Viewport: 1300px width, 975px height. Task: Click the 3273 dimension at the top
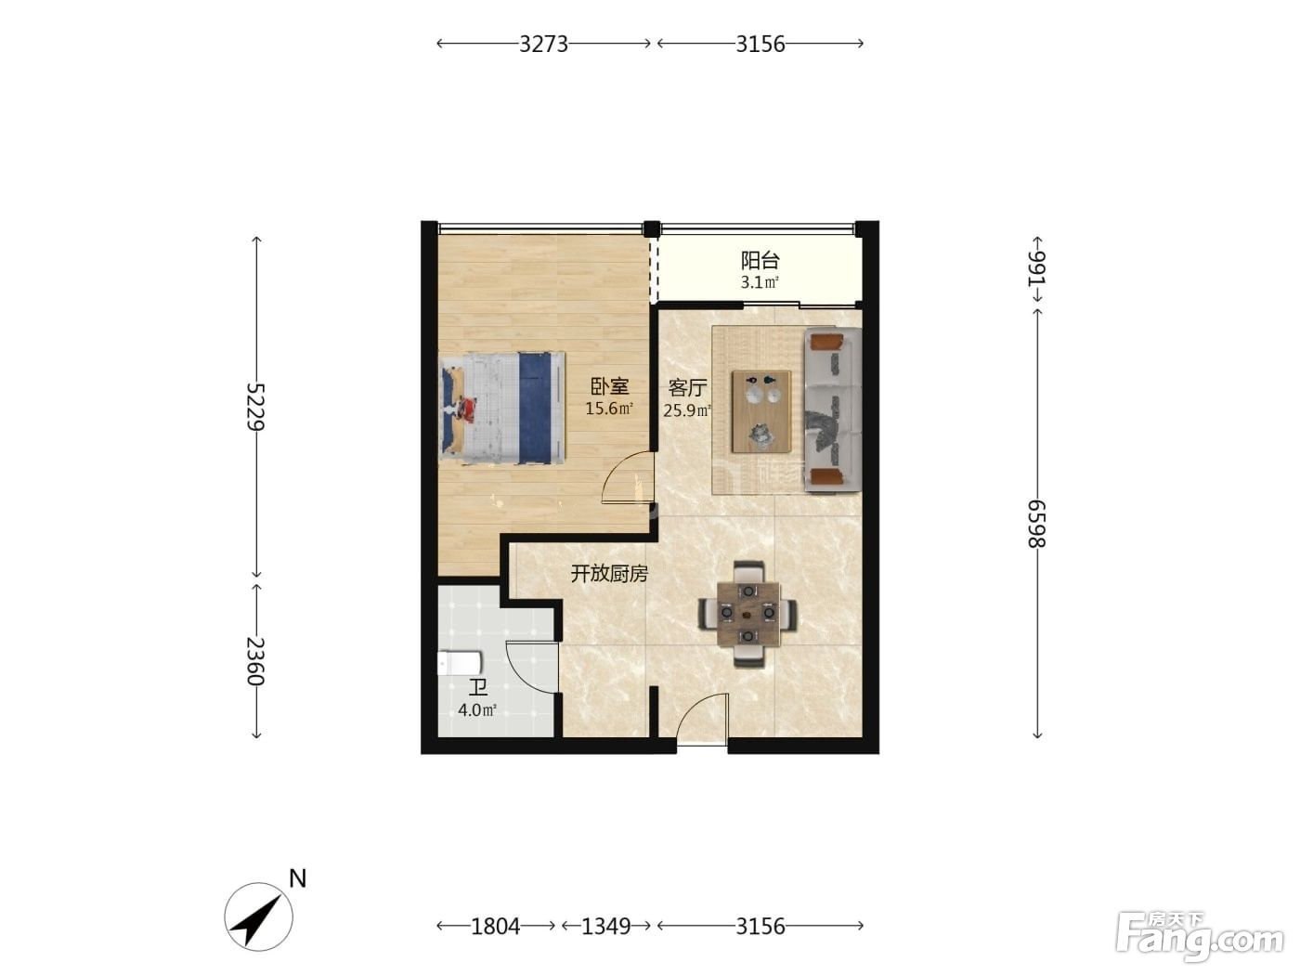click(x=543, y=44)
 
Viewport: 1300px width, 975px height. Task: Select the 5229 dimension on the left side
click(x=256, y=406)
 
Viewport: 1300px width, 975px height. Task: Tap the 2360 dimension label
click(x=256, y=660)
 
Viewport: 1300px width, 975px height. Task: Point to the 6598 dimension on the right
click(x=1037, y=524)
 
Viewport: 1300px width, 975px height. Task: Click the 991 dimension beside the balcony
click(x=1037, y=268)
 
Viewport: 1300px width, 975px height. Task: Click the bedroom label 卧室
click(x=609, y=386)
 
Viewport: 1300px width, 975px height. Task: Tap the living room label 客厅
click(x=687, y=388)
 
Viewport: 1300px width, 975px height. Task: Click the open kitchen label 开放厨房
click(x=609, y=574)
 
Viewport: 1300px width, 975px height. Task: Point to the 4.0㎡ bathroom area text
click(x=477, y=709)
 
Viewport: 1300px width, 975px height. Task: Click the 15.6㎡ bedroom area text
click(x=609, y=409)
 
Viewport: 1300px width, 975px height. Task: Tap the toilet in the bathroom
click(x=460, y=662)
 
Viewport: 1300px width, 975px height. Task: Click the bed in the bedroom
click(x=502, y=408)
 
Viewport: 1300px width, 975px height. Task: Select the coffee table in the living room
click(x=761, y=411)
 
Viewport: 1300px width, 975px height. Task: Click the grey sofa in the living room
click(x=832, y=410)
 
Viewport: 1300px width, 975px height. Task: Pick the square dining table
click(x=748, y=614)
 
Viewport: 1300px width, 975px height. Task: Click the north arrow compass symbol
click(x=259, y=917)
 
